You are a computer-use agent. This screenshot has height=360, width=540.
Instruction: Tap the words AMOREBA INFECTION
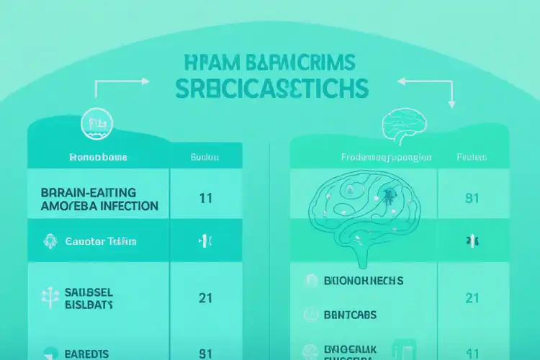[96, 206]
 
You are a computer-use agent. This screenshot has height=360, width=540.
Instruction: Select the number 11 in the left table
[205, 198]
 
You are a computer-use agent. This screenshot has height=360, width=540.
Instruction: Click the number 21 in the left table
[205, 297]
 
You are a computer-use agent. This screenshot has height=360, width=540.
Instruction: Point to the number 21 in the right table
[472, 297]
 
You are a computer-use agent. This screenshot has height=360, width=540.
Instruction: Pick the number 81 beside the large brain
[472, 198]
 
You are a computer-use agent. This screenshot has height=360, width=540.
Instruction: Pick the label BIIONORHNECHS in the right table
[364, 281]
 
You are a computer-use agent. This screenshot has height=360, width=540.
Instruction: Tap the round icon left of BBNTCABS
[311, 313]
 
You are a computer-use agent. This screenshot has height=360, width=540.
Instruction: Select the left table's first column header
[97, 156]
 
